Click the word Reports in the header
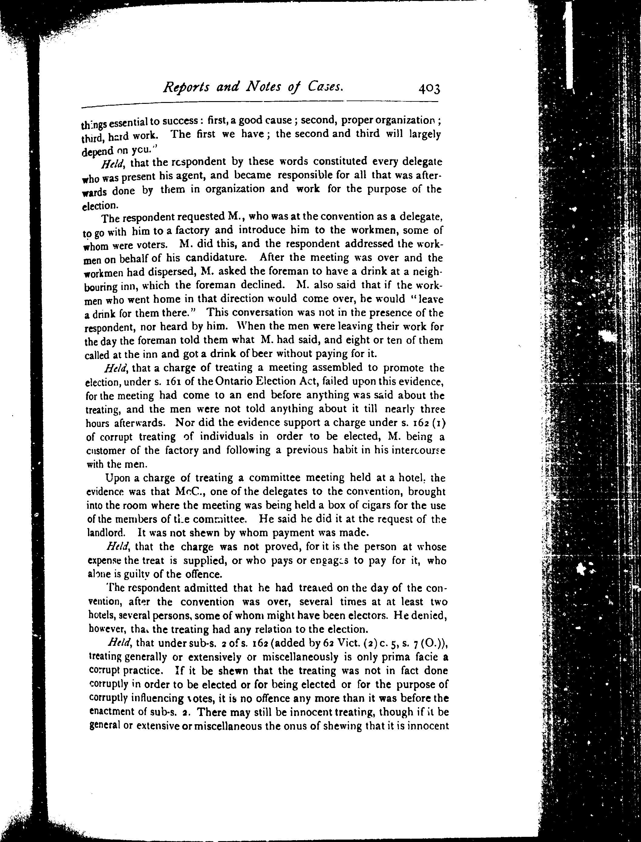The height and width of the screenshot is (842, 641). click(186, 88)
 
